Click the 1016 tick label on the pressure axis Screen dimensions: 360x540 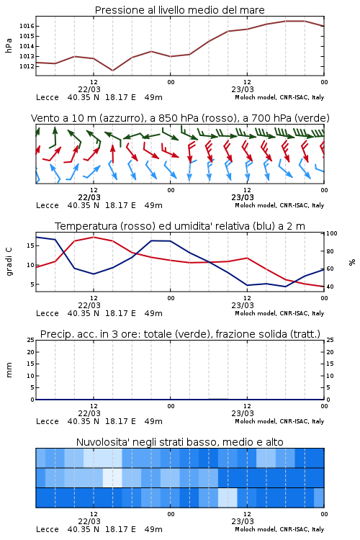[x=27, y=26]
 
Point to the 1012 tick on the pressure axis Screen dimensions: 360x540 [x=27, y=66]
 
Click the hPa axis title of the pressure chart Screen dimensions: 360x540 [x=9, y=45]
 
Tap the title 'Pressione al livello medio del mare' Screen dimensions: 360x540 [x=180, y=10]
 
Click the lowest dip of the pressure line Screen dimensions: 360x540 [x=112, y=71]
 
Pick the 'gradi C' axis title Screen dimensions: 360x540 [x=9, y=261]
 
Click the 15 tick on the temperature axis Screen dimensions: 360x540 [x=30, y=246]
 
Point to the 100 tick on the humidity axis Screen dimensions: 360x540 [x=332, y=233]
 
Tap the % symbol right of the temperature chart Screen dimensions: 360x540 [x=352, y=262]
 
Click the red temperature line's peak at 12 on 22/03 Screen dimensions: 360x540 [x=94, y=237]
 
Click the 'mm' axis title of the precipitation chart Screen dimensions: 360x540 [x=9, y=370]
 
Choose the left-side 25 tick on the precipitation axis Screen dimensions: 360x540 [x=30, y=340]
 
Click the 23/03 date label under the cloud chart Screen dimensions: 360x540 [x=243, y=521]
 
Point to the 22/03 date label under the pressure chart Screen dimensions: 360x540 [x=89, y=89]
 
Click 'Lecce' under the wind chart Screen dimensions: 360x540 [x=48, y=206]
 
